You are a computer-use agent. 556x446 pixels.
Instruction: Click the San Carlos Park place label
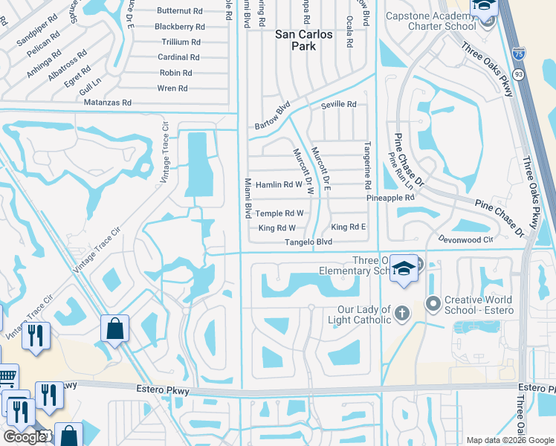(x=306, y=40)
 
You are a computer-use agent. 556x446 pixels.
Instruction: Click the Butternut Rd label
(x=181, y=11)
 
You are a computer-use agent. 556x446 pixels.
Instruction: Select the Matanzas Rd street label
(x=108, y=103)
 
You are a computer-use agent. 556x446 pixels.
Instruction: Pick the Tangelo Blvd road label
(x=306, y=243)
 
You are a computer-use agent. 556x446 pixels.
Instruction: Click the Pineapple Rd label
(x=390, y=198)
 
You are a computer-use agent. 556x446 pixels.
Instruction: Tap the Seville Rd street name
(x=339, y=105)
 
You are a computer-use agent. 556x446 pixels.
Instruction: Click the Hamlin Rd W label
(x=279, y=184)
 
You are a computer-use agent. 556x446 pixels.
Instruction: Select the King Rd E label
(x=349, y=227)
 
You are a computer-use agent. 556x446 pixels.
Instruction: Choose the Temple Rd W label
(x=279, y=213)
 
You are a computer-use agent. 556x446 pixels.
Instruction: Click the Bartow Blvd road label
(x=271, y=114)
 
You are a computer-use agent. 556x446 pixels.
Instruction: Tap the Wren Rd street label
(x=173, y=88)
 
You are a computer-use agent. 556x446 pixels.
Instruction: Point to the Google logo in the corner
(x=25, y=437)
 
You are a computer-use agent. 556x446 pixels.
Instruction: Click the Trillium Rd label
(x=181, y=42)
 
